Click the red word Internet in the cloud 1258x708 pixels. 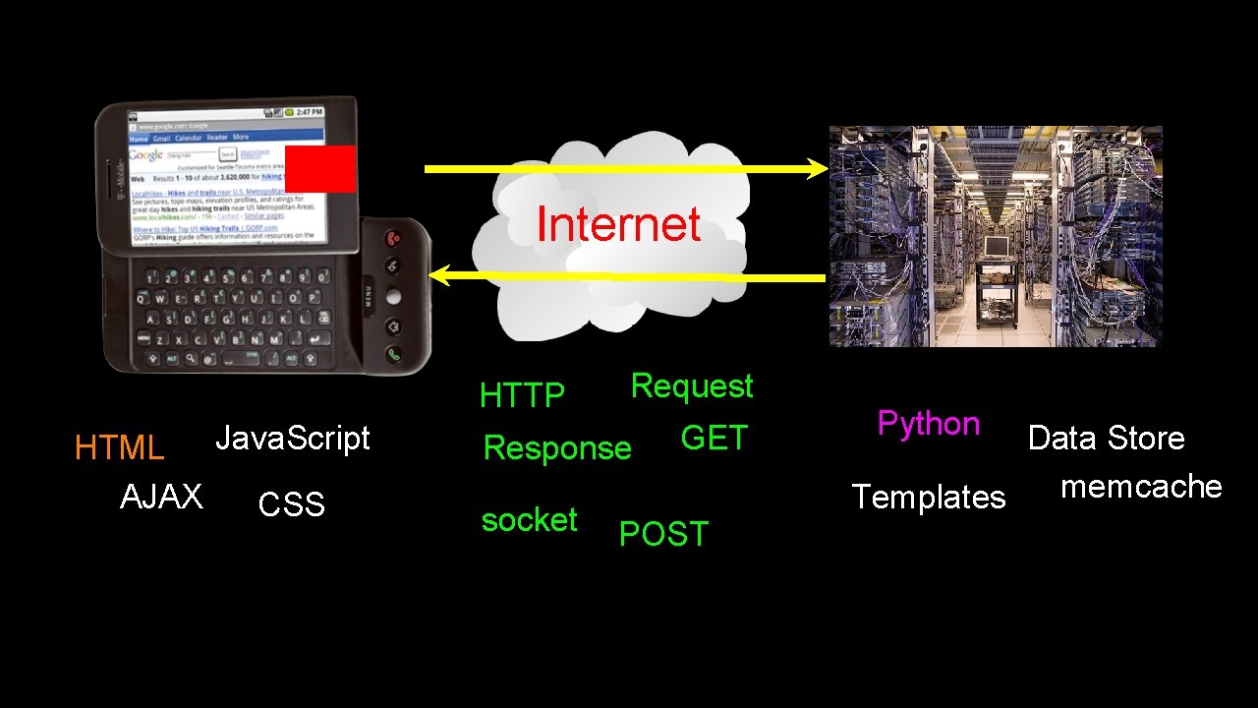618,224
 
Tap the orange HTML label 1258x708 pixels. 119,448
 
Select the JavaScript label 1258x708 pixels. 292,438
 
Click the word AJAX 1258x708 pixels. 161,497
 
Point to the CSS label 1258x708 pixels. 291,504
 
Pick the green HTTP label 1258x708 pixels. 522,395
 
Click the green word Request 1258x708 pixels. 692,385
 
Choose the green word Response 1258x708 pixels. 557,448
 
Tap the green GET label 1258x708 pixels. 715,438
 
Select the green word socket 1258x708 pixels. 529,519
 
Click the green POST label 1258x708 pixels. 663,534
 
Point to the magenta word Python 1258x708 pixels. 929,424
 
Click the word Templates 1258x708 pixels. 929,498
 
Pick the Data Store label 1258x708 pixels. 1106,438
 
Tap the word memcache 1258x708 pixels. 1141,487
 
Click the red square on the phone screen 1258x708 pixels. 320,169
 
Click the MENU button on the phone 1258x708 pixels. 370,296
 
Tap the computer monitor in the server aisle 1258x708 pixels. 995,245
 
